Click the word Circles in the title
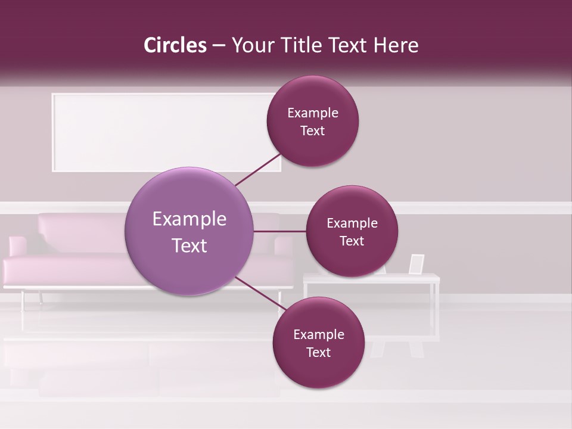(x=175, y=45)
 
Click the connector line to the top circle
(x=259, y=169)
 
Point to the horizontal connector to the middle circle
(x=279, y=231)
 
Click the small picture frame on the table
(x=416, y=264)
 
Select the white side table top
(x=371, y=278)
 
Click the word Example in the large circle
(x=189, y=219)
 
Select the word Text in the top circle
(x=312, y=131)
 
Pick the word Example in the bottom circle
(x=318, y=335)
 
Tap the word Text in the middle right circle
(x=352, y=241)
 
